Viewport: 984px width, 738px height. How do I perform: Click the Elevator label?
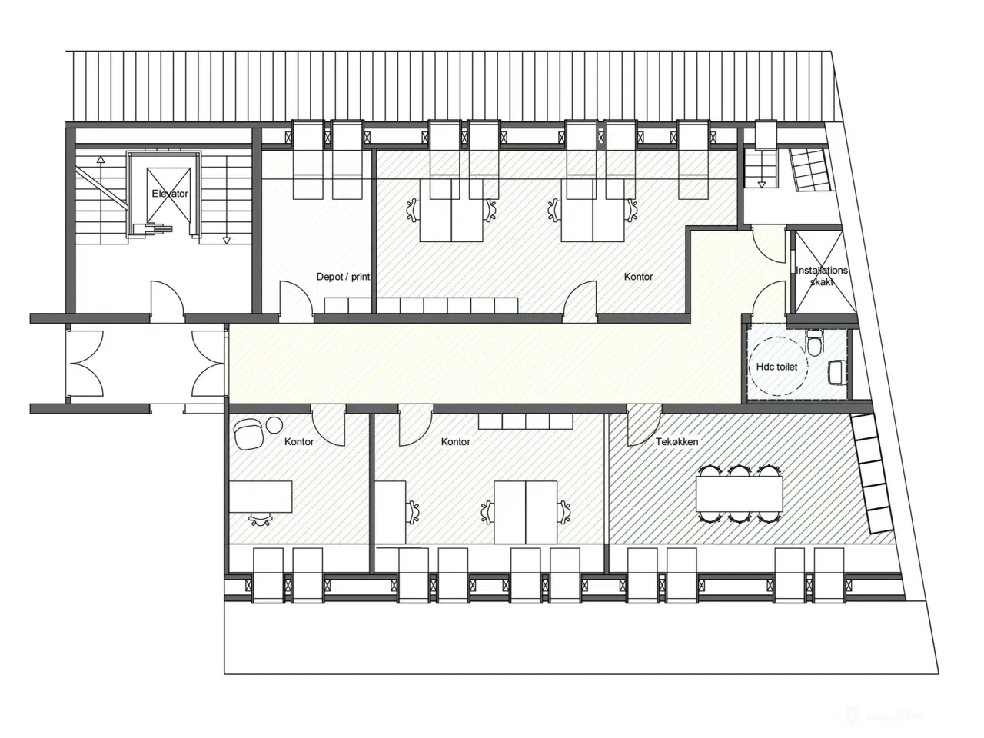click(170, 194)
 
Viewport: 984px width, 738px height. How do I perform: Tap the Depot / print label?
click(343, 277)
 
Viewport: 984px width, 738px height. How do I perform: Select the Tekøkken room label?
click(676, 441)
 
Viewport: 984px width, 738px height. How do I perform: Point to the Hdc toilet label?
click(776, 367)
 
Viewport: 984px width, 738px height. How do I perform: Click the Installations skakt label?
click(821, 275)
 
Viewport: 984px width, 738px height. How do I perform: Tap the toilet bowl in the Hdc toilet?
click(813, 341)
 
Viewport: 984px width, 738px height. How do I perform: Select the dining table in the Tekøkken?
click(740, 494)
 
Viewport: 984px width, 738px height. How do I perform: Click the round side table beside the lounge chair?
click(274, 424)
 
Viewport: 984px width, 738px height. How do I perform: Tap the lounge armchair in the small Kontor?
click(248, 434)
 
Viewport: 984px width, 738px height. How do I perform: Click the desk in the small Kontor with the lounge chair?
click(261, 497)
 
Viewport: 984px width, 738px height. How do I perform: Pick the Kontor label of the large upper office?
click(638, 277)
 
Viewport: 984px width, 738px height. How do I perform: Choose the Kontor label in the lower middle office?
click(455, 441)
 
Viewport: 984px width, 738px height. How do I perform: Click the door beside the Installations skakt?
click(769, 244)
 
